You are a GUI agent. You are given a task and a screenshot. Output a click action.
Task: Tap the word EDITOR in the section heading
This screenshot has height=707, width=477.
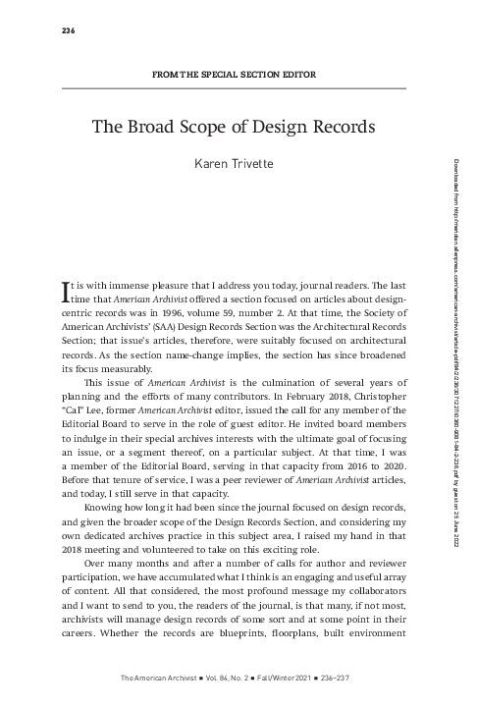click(x=301, y=76)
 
